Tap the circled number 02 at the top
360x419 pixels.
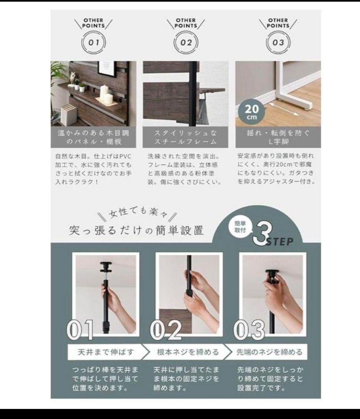[186, 42]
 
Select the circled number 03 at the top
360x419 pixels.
[278, 42]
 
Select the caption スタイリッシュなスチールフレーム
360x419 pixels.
[186, 137]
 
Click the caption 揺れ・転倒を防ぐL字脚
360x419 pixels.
[278, 137]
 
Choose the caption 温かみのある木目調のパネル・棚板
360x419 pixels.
[94, 137]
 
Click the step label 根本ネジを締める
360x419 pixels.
[188, 352]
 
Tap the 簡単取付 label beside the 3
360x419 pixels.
[240, 227]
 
